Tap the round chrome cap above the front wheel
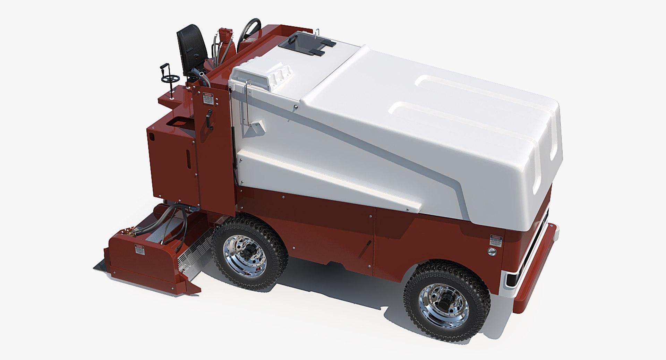pos(492,251)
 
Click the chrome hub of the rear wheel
pos(245,255)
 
